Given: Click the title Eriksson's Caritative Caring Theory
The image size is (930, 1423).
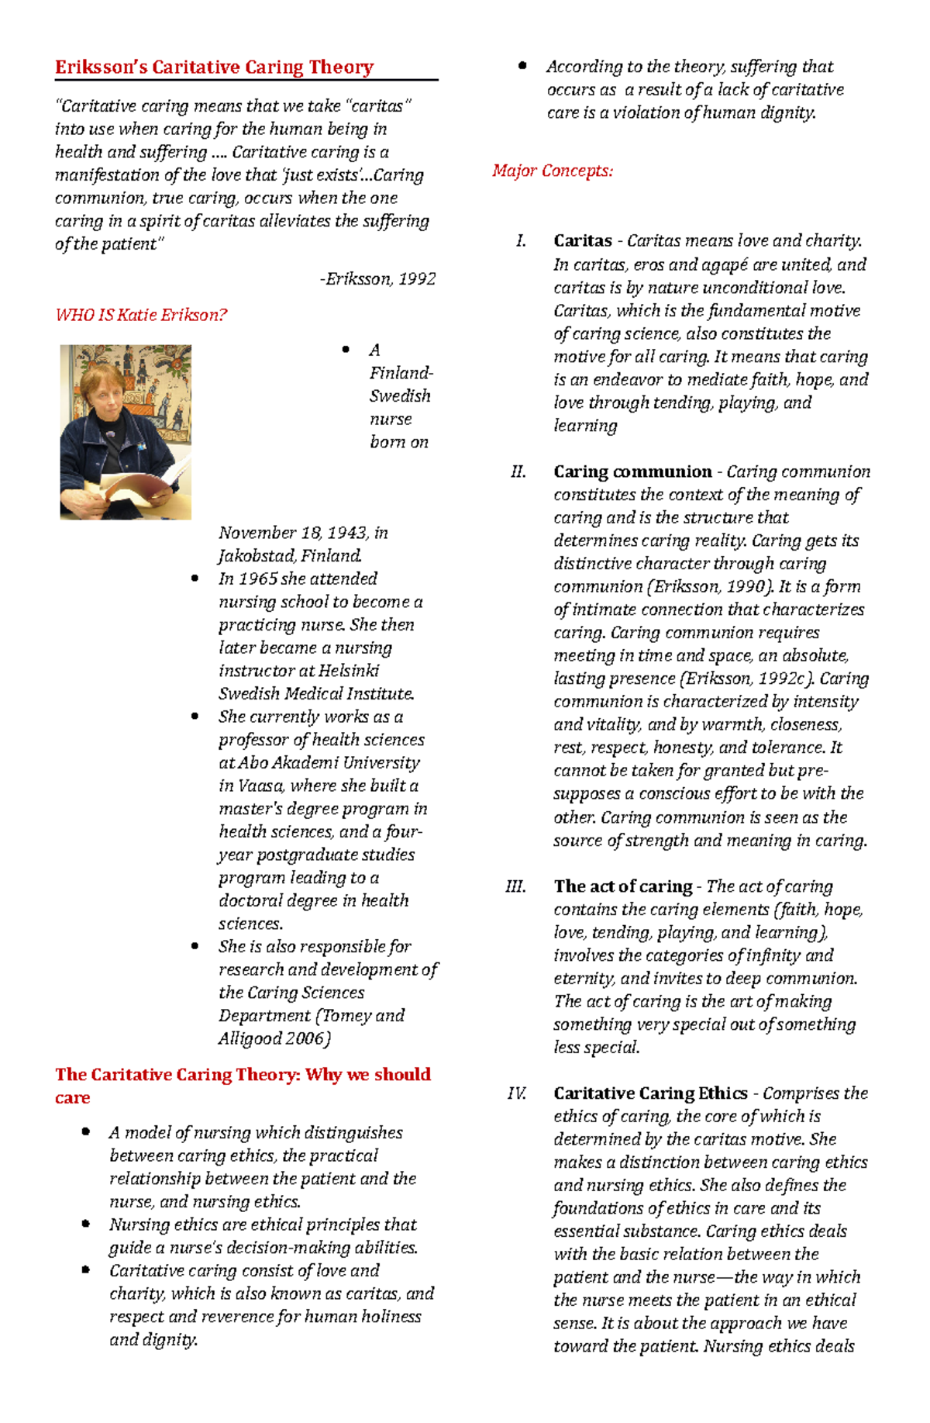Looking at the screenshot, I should tap(214, 67).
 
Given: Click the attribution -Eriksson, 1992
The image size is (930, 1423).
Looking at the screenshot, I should tap(377, 279).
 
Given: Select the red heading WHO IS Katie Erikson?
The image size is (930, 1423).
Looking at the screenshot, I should tap(141, 315).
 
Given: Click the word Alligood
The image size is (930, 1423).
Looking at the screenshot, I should tap(250, 1039).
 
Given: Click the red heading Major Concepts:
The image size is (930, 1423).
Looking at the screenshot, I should tap(553, 171).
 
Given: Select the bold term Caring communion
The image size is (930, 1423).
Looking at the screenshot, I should tap(632, 472).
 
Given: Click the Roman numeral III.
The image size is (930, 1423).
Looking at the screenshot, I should tap(516, 886).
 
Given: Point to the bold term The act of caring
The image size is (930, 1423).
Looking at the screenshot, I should tap(623, 886).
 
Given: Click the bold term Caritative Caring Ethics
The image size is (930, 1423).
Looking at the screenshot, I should tap(650, 1093).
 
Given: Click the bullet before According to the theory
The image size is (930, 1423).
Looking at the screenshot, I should tap(522, 67).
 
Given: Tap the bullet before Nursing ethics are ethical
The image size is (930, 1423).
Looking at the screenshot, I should tap(86, 1224).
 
